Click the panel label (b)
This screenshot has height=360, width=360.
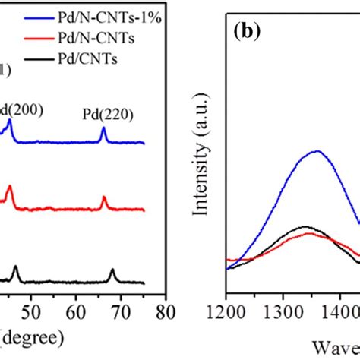coord(248,33)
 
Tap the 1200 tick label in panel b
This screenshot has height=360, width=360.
coord(227,311)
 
